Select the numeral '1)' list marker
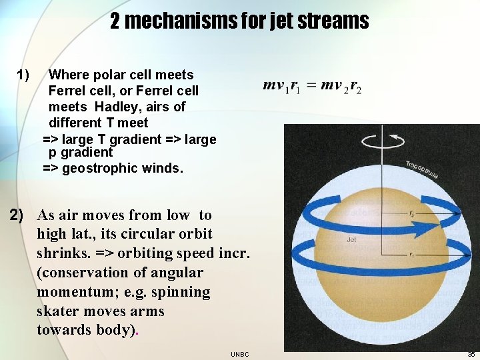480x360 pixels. (23, 75)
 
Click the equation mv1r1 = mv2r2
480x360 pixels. (312, 86)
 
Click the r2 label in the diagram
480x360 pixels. (412, 215)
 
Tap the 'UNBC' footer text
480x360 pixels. (240, 354)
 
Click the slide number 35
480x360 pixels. (471, 354)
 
